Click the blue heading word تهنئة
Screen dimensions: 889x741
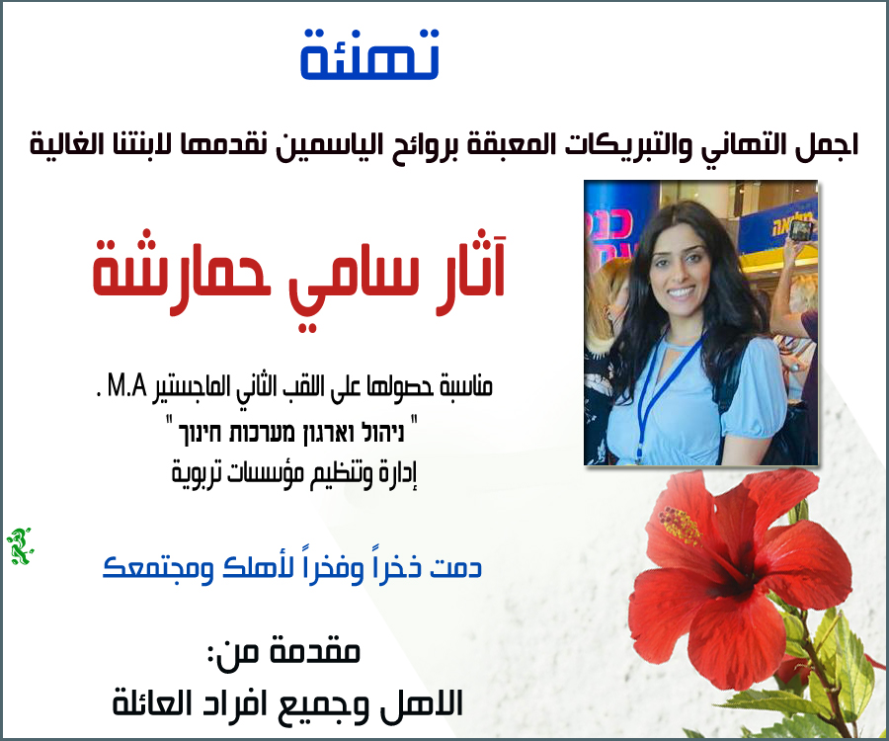(x=369, y=54)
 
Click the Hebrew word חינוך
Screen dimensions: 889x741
(x=202, y=433)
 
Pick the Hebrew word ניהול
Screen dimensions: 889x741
(x=381, y=433)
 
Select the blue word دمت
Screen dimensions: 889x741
(x=455, y=567)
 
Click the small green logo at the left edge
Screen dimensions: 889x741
(x=19, y=546)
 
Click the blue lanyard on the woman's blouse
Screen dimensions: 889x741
(x=665, y=391)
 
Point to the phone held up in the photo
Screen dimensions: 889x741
(x=802, y=230)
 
